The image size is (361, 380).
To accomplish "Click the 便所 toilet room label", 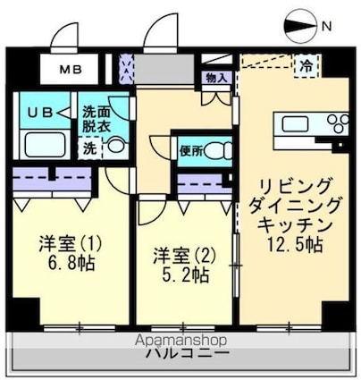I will pyautogui.click(x=189, y=150).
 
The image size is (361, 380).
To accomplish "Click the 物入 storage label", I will pyautogui.click(x=216, y=79).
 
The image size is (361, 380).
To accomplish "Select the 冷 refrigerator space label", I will pyautogui.click(x=306, y=65).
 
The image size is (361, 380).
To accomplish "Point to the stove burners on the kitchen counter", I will pyautogui.click(x=337, y=122).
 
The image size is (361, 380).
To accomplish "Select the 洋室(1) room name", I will pyautogui.click(x=68, y=243).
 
